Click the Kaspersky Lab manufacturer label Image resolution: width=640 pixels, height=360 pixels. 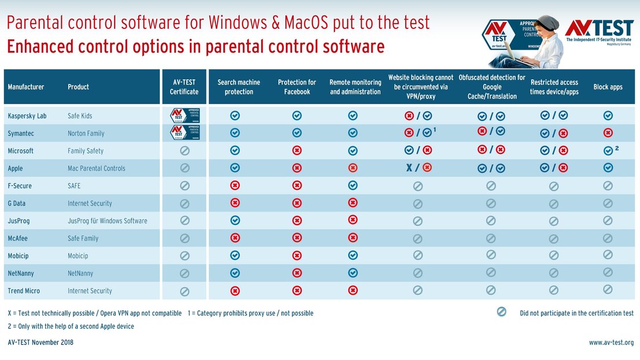point(27,116)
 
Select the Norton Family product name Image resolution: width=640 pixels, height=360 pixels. point(86,133)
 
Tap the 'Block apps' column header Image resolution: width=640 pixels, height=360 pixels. point(608,87)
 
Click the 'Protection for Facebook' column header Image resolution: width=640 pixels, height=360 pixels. point(297,87)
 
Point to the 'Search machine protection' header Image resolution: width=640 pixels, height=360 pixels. point(239,87)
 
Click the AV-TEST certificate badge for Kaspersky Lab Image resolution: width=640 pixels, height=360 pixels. point(185,115)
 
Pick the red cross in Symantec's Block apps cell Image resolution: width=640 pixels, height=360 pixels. point(608,133)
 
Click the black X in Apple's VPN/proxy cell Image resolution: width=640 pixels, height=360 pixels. point(408,168)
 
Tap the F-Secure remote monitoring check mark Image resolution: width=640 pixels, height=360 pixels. point(353,185)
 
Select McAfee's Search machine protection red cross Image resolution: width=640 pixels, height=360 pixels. point(235,238)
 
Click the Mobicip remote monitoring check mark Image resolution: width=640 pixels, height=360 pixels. point(353,255)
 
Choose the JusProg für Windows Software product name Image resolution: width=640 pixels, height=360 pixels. point(107,221)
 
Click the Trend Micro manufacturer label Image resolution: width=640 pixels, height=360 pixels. point(24,291)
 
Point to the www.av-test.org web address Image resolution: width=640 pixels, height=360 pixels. point(611,343)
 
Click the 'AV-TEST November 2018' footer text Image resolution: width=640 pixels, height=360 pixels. point(41,343)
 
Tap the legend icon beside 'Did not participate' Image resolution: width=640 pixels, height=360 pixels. point(502,312)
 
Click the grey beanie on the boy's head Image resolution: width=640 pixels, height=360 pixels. point(547,23)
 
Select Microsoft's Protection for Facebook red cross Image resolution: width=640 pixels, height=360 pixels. point(297,150)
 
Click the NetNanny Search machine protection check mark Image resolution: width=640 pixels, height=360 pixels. point(235,273)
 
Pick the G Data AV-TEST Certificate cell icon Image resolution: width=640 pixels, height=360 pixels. point(185,204)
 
